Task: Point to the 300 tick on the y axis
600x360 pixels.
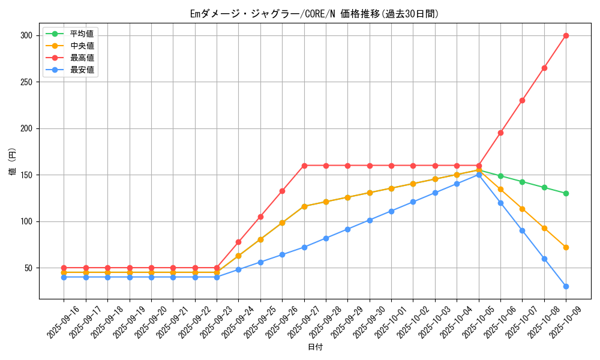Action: pyautogui.click(x=25, y=35)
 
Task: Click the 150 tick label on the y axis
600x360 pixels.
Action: pyautogui.click(x=25, y=175)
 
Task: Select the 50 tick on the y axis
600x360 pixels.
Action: pyautogui.click(x=28, y=268)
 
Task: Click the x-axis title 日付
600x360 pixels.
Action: pyautogui.click(x=315, y=347)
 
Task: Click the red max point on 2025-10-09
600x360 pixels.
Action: pyautogui.click(x=566, y=35)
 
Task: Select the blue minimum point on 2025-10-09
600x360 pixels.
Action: pyautogui.click(x=566, y=286)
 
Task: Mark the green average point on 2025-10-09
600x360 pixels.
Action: pyautogui.click(x=566, y=193)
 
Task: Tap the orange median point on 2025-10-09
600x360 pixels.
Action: pyautogui.click(x=566, y=247)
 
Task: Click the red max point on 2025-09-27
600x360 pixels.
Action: pyautogui.click(x=304, y=166)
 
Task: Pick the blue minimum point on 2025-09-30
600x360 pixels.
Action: pyautogui.click(x=370, y=220)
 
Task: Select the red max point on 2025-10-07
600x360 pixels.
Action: pyautogui.click(x=522, y=100)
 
